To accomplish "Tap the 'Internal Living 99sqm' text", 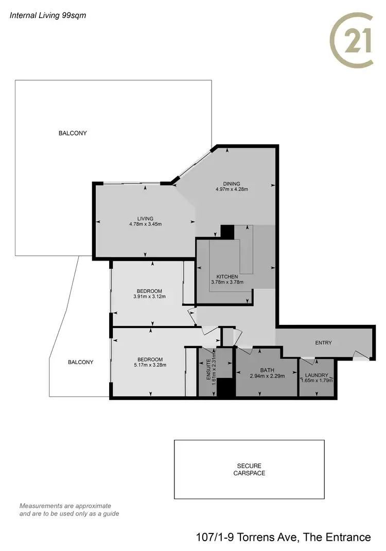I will [48, 15].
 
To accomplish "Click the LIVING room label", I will [145, 218].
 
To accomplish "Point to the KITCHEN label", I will [227, 277].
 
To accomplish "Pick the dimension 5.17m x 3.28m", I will [150, 365].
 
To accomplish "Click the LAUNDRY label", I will [317, 375].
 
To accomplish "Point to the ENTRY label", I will [324, 342].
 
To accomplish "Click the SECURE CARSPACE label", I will [249, 469].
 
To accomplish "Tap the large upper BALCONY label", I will [73, 133].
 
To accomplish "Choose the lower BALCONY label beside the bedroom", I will [81, 362].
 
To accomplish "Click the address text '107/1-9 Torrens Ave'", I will [246, 537].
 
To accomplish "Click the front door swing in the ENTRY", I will [360, 354].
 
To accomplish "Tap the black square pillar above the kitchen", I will [226, 231].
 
